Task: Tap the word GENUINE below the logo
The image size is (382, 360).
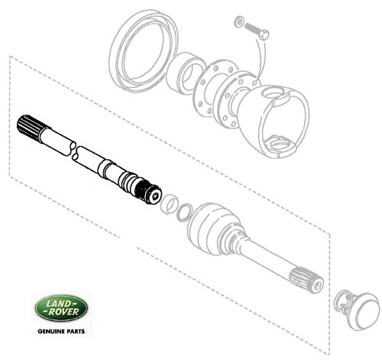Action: [50, 332]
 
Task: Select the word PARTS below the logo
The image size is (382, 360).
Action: [76, 332]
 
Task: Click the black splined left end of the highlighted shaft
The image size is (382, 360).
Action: [28, 125]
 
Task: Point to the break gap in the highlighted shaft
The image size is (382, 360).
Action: [73, 151]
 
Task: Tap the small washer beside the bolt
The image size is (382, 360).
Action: [239, 22]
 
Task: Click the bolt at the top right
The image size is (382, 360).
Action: [257, 31]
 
